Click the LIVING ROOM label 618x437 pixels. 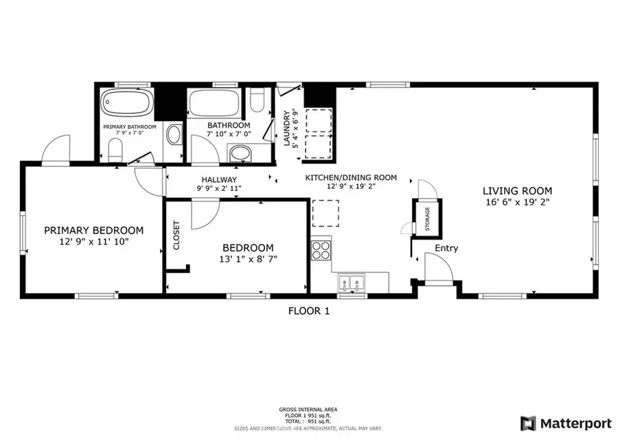(x=517, y=191)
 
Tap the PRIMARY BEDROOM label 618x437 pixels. (x=94, y=230)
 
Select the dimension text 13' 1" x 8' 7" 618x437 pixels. (x=248, y=259)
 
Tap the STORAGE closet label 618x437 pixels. (x=426, y=219)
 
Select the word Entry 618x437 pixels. (x=446, y=248)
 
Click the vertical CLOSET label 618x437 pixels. (x=176, y=235)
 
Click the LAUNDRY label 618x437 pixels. (x=287, y=128)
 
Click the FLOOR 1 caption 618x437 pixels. (x=308, y=311)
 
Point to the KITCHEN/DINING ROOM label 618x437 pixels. (x=351, y=178)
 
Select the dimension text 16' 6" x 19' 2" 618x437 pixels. (x=517, y=203)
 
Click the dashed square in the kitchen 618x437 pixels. (x=325, y=213)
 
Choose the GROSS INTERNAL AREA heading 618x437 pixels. (x=308, y=409)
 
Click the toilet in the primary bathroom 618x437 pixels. (x=115, y=148)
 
